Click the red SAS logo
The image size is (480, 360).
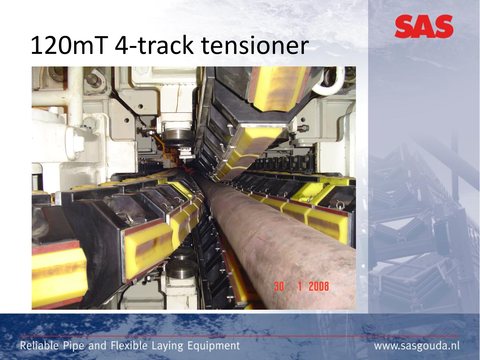(424, 26)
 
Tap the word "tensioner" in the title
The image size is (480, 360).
(254, 46)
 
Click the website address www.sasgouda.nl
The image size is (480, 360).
(417, 346)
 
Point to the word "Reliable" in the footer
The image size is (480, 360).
(39, 346)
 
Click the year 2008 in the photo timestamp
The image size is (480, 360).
(319, 286)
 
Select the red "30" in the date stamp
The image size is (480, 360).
(279, 286)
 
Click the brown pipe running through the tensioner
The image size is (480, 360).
(273, 236)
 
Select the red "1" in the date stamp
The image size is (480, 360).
(300, 286)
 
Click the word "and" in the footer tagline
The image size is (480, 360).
(97, 346)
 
